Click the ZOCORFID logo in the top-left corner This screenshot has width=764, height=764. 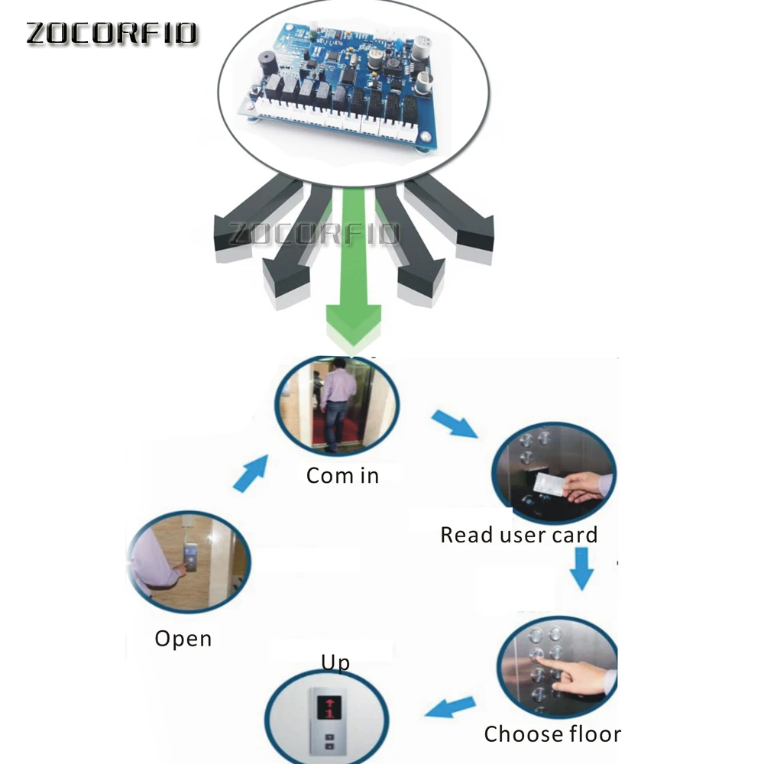tap(112, 33)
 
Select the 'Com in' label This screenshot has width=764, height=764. tap(342, 475)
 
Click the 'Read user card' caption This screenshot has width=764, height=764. tap(519, 535)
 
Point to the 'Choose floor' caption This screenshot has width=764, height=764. tap(552, 734)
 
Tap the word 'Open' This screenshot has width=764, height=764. tap(183, 638)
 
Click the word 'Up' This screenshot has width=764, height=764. tap(335, 662)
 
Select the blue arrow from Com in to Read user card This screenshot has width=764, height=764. tap(455, 424)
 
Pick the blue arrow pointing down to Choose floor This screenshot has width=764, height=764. tap(583, 570)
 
